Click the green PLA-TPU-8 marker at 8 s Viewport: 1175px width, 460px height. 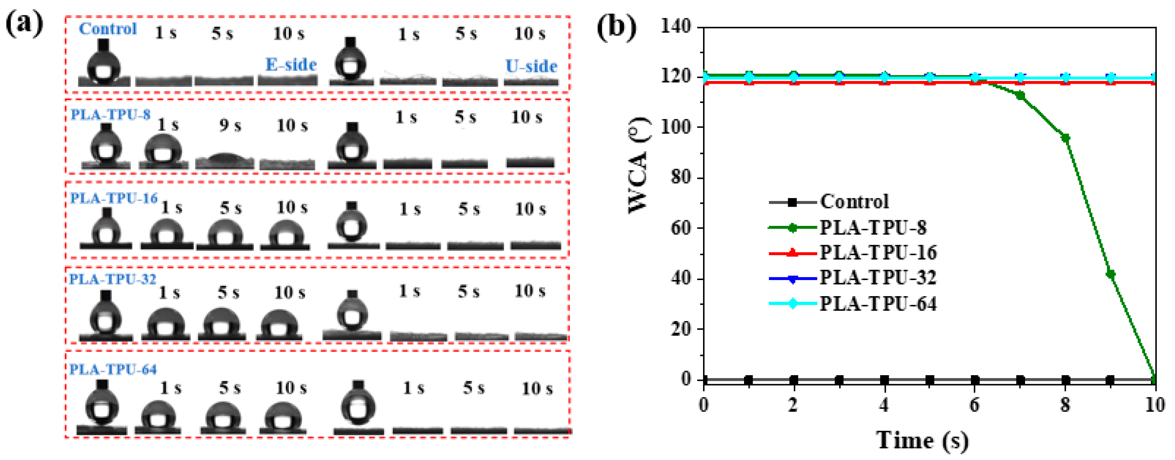[1066, 138]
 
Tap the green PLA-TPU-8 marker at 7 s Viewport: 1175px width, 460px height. [1020, 95]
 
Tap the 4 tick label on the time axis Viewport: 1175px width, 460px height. [884, 405]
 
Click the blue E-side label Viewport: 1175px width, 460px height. [291, 65]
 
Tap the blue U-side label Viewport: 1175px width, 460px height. [531, 67]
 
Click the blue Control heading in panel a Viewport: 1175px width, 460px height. [108, 29]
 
